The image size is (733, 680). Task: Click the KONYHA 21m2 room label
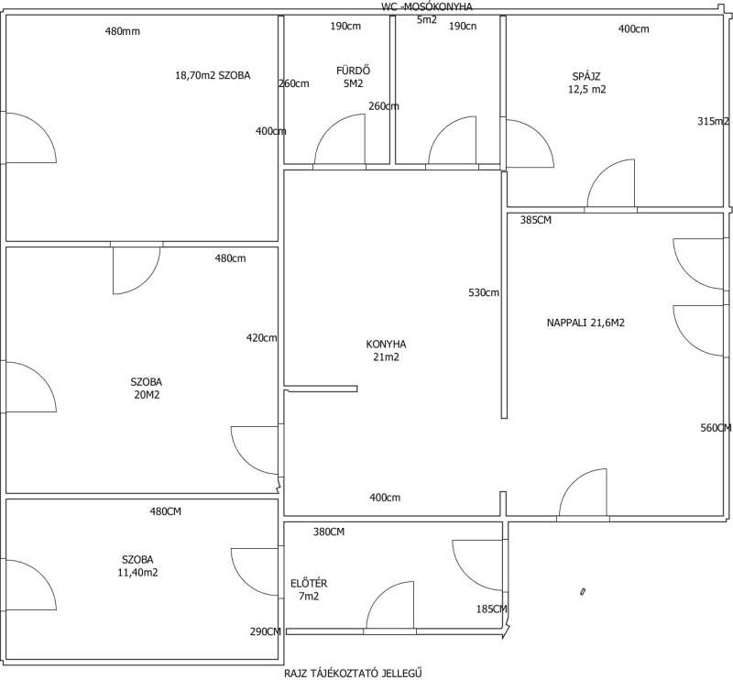click(386, 351)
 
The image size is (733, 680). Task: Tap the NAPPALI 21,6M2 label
click(585, 323)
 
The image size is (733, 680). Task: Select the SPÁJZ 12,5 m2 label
click(586, 82)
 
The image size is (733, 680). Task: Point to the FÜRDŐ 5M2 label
click(354, 77)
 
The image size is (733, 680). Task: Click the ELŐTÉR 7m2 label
click(309, 590)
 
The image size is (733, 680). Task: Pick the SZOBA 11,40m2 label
click(138, 565)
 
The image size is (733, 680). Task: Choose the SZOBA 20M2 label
click(147, 389)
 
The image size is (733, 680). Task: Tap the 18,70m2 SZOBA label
click(213, 75)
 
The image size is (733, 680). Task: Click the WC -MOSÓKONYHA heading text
click(427, 7)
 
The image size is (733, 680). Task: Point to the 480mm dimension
click(123, 31)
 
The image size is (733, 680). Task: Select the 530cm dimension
click(484, 292)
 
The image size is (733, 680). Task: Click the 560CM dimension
click(716, 428)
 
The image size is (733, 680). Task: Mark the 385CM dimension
click(536, 220)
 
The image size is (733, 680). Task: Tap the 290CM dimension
click(266, 631)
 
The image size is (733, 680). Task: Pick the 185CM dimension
click(492, 609)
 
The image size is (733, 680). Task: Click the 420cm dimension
click(262, 337)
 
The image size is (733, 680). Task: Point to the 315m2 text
click(714, 121)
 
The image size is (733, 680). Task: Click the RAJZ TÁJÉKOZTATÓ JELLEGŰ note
click(354, 673)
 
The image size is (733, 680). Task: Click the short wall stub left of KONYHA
click(321, 389)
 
